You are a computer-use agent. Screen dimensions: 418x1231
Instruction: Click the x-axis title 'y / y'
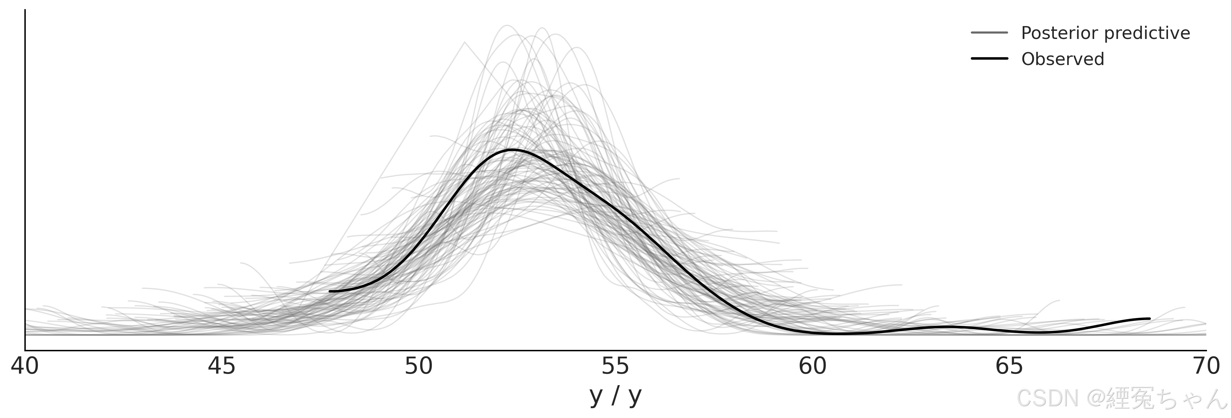[615, 396]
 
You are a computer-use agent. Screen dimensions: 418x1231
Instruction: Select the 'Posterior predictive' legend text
[1105, 33]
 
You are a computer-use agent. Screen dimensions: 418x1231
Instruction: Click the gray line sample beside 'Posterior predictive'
[989, 33]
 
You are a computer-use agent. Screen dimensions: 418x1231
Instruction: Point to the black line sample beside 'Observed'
[989, 59]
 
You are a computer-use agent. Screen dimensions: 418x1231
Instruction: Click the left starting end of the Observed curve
[330, 291]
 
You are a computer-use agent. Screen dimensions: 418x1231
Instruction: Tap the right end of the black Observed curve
[1149, 318]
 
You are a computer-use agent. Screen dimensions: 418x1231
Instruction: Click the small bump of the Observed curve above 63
[944, 327]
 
